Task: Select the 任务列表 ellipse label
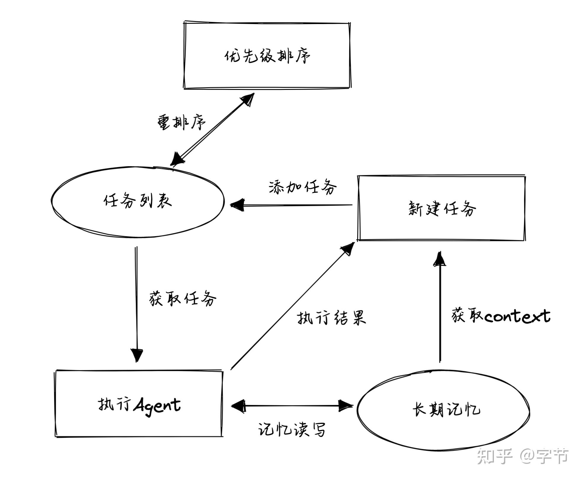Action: coord(138,201)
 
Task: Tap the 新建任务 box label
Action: coord(442,208)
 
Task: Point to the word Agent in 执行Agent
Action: coord(157,405)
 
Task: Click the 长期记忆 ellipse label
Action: coord(446,410)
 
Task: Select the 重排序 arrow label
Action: coord(181,122)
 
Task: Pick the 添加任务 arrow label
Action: coord(302,187)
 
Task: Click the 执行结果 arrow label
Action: coord(331,317)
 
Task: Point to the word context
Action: coord(517,316)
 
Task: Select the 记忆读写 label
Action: coord(292,429)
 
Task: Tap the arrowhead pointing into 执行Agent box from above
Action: coord(137,355)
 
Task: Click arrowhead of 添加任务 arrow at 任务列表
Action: coord(237,205)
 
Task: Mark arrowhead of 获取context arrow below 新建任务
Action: coord(440,259)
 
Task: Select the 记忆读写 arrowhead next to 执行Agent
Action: coord(238,406)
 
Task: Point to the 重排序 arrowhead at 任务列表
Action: coord(177,160)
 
